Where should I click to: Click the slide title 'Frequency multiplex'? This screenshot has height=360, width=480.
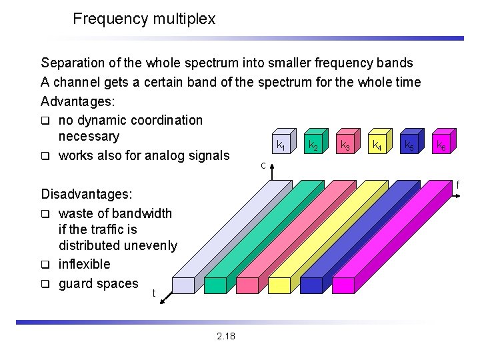144,19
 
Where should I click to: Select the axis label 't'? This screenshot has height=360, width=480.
154,293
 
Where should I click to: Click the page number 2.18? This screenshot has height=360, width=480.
226,335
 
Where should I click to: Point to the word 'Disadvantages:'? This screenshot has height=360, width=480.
87,195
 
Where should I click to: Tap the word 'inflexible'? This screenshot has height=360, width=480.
84,264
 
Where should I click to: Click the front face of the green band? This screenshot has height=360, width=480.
216,285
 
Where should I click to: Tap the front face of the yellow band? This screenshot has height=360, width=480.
279,285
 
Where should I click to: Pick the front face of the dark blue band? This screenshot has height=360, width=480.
311,285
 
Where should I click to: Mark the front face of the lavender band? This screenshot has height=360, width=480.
184,285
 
